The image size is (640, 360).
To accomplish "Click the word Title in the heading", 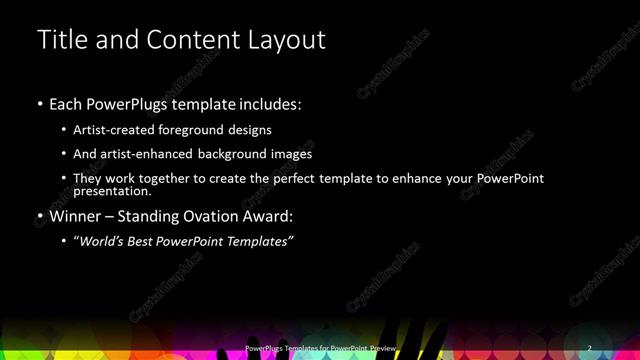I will tap(59, 40).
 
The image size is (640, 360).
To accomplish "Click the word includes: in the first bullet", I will tap(269, 104).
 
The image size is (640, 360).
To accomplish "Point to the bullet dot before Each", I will tap(40, 104).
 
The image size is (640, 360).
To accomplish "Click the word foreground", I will tap(203, 130).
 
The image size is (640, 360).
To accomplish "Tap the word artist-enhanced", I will tap(148, 154).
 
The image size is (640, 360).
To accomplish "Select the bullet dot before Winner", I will tap(40, 216).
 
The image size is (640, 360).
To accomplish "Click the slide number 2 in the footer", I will tap(590, 348).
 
